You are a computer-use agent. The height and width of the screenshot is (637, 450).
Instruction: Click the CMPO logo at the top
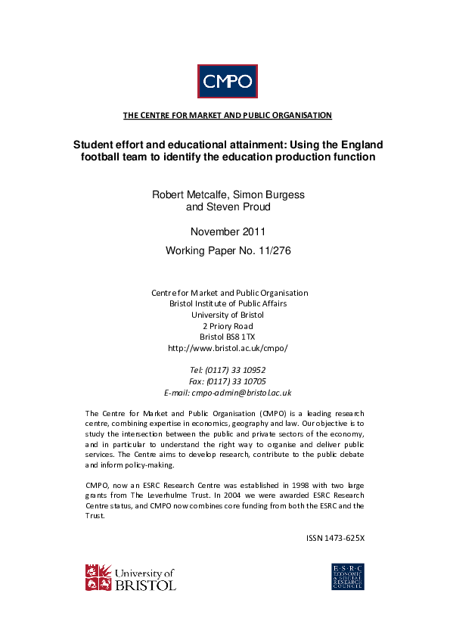click(x=228, y=81)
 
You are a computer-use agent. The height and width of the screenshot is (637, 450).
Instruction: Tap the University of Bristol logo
click(x=130, y=577)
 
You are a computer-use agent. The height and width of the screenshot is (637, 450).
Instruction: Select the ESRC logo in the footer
click(x=348, y=576)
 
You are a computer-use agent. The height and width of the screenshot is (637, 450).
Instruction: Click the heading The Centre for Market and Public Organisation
click(x=227, y=115)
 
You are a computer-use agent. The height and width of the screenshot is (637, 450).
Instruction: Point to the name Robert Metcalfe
click(x=189, y=194)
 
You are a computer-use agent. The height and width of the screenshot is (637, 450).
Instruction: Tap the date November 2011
click(x=228, y=231)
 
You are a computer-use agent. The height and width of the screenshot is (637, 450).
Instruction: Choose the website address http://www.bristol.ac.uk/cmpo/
click(x=228, y=348)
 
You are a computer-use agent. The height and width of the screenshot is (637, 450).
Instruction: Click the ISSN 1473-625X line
click(x=335, y=539)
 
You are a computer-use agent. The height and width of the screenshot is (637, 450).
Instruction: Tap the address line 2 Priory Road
click(x=228, y=326)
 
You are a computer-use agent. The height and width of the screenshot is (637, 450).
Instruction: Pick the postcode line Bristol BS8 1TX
click(x=228, y=337)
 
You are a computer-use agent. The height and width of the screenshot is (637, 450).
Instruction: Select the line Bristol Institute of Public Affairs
click(x=228, y=303)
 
